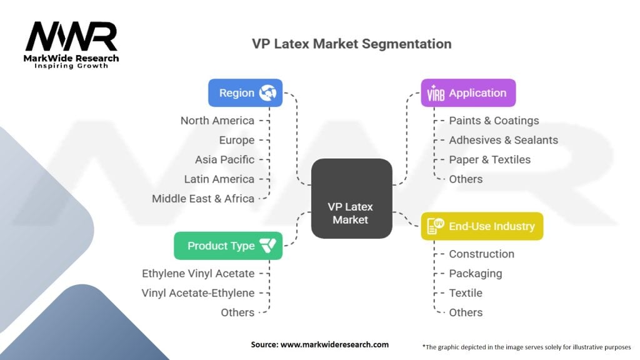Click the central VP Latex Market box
coord(351,198)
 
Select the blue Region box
coord(245,92)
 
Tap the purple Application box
coord(467,92)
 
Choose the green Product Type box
coord(227,246)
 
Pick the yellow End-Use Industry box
coord(481,226)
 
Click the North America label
coord(217,121)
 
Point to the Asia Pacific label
coord(224,159)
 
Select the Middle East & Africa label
coord(203,199)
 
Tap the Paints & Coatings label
coord(494,121)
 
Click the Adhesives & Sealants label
coord(503,140)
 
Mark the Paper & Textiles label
coord(489,159)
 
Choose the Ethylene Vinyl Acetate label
coord(198,273)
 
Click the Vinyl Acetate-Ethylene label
coord(198,292)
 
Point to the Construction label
coord(481,254)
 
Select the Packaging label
coord(475,273)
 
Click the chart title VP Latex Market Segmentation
coord(351,44)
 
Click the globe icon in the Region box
coord(269,92)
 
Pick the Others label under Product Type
coord(237,312)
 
